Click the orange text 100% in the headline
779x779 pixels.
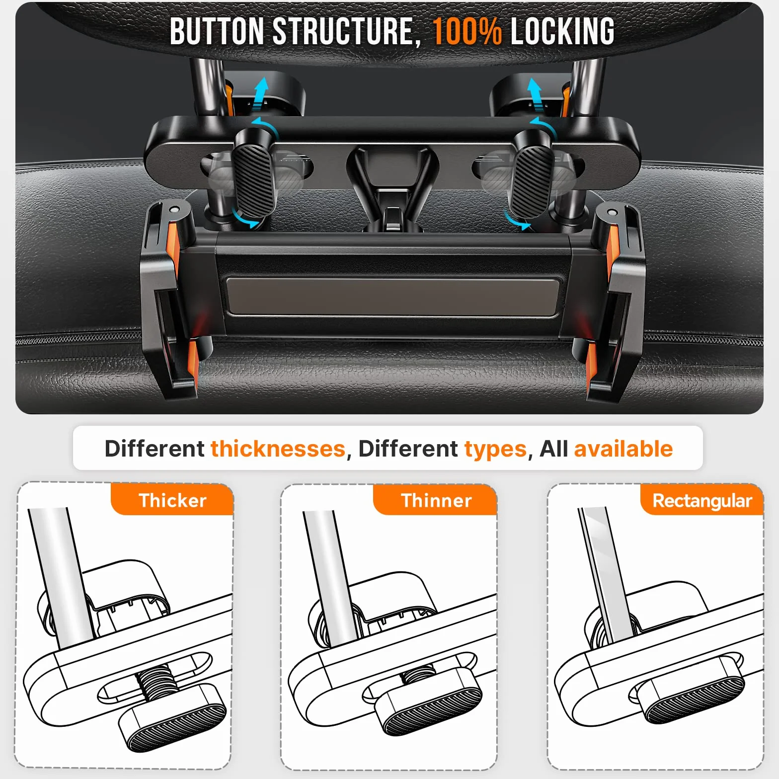pos(466,31)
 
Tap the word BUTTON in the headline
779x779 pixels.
pos(217,31)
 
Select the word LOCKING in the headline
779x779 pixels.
pos(562,31)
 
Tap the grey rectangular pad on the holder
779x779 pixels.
pos(393,296)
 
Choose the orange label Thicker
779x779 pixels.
pos(172,500)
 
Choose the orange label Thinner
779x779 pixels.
pos(436,500)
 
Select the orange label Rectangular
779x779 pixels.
pos(701,500)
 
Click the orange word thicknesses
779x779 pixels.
pos(278,449)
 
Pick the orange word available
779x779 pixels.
pos(623,449)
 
